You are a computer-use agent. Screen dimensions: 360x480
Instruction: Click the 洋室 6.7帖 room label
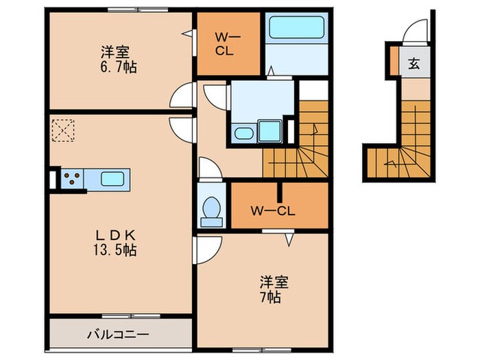[x=115, y=58]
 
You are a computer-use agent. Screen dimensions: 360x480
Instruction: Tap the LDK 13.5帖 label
[x=115, y=241]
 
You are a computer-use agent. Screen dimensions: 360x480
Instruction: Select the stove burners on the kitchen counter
[x=72, y=180]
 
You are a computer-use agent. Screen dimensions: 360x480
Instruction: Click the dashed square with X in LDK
[x=63, y=130]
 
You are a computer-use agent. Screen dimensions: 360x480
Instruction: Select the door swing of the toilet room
[x=206, y=168]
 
